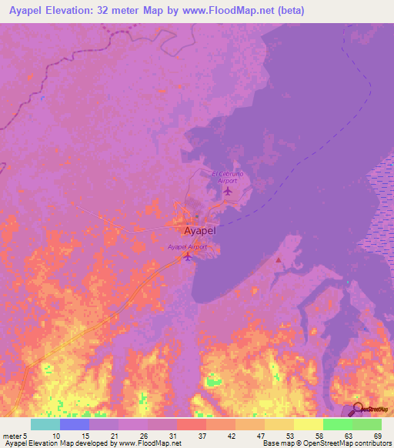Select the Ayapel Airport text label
(188, 246)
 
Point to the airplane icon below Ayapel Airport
(187, 256)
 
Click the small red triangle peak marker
(279, 261)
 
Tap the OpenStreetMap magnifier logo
(359, 408)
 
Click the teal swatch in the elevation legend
(45, 424)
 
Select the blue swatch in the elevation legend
(74, 424)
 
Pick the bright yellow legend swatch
(308, 424)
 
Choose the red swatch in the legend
(191, 424)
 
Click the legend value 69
(376, 435)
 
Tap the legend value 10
(57, 435)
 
